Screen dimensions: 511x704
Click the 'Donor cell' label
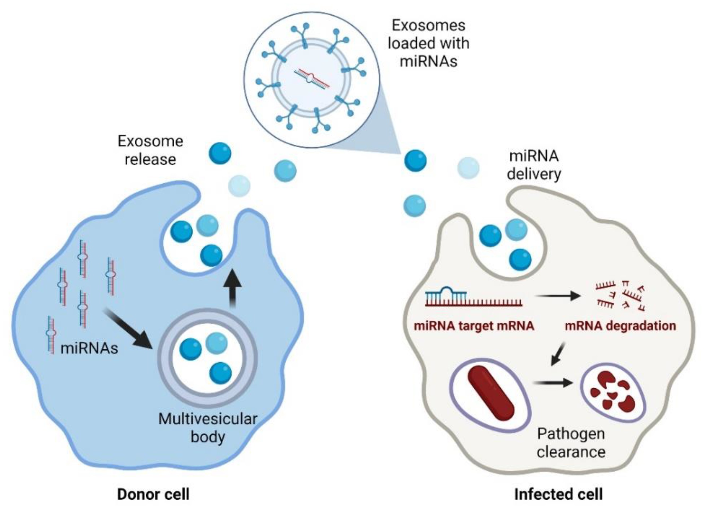[x=153, y=494]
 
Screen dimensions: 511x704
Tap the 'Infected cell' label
[x=558, y=494]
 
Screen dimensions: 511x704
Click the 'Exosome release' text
[x=150, y=150]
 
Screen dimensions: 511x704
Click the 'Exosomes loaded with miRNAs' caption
[x=428, y=43]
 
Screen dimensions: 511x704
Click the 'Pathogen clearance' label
[x=571, y=443]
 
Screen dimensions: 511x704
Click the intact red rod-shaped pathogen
[x=491, y=393]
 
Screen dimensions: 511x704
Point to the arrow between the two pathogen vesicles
[x=553, y=383]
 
